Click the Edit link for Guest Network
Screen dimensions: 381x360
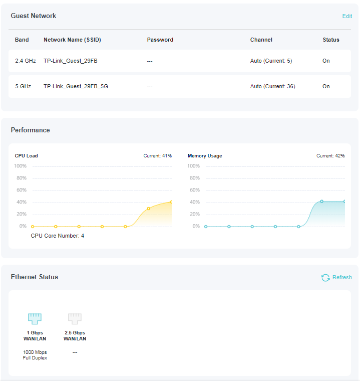pyautogui.click(x=347, y=16)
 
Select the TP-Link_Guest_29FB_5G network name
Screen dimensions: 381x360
pyautogui.click(x=76, y=86)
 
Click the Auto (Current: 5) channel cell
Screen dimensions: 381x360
pyautogui.click(x=271, y=61)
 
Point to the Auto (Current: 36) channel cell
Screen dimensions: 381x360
pyautogui.click(x=272, y=86)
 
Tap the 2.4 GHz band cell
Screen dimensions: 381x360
pyautogui.click(x=26, y=61)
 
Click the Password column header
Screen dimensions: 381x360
pyautogui.click(x=160, y=40)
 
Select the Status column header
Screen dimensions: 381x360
pyautogui.click(x=330, y=40)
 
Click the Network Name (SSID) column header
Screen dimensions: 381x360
pyautogui.click(x=72, y=40)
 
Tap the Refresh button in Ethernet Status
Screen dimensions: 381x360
pyautogui.click(x=336, y=277)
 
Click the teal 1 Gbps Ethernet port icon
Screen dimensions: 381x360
pyautogui.click(x=35, y=318)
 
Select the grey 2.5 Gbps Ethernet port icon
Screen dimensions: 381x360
pyautogui.click(x=75, y=318)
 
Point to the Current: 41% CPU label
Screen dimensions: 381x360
pyautogui.click(x=157, y=156)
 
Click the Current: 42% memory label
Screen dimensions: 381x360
pyautogui.click(x=330, y=156)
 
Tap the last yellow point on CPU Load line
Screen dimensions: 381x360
pyautogui.click(x=171, y=202)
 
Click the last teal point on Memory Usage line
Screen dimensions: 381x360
pyautogui.click(x=344, y=202)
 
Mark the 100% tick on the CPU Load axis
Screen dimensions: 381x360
pyautogui.click(x=21, y=166)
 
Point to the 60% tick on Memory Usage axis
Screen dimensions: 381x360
pyautogui.click(x=194, y=190)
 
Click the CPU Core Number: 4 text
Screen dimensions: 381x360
pyautogui.click(x=57, y=236)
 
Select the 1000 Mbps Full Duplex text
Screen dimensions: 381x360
pyautogui.click(x=35, y=355)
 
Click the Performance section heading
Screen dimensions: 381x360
pyautogui.click(x=31, y=130)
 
